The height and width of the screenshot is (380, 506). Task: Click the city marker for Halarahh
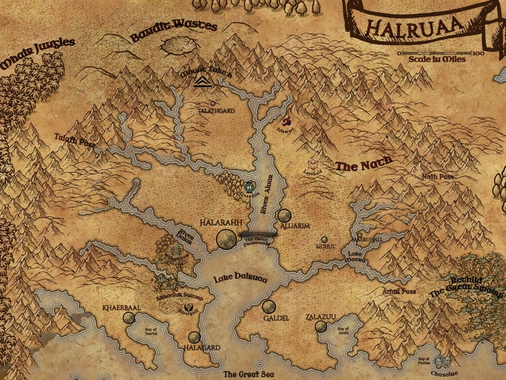pos(225,239)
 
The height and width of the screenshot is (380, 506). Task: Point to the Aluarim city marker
pos(284,216)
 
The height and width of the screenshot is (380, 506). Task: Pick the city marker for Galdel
pos(269,307)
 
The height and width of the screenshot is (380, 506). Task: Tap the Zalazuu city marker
pos(321,326)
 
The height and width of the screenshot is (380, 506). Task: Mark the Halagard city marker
pos(194,338)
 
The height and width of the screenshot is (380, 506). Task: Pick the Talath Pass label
pos(74,140)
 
